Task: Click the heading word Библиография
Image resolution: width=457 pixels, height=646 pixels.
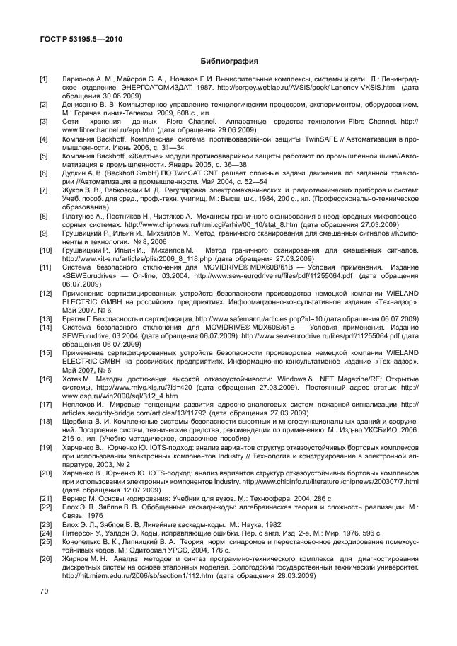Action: click(x=228, y=61)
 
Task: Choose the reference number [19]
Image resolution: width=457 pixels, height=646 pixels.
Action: click(x=45, y=448)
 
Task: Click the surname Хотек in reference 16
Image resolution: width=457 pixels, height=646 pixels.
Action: click(x=74, y=379)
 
